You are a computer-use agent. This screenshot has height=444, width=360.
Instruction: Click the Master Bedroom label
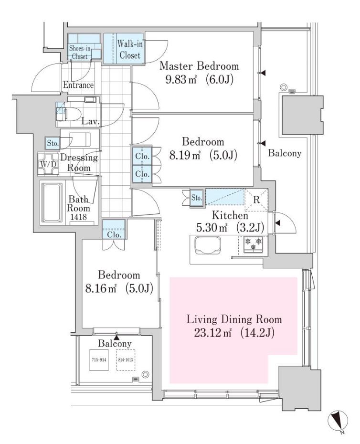[199, 66]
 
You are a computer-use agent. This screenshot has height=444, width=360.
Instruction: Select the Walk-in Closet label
[130, 50]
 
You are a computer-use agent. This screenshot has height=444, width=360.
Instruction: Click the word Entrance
[78, 85]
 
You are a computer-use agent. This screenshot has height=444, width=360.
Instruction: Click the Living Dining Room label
[234, 319]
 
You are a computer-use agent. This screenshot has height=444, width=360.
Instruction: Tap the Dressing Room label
[79, 163]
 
